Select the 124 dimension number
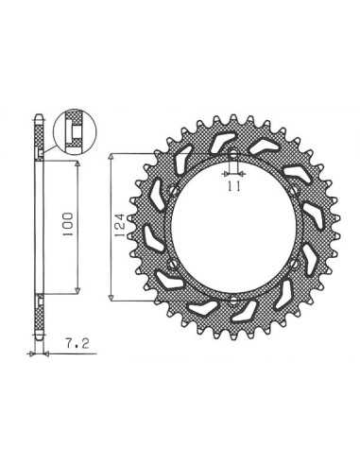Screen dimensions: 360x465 [122, 226]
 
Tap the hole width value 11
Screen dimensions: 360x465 [233, 186]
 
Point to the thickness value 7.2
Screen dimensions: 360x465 [77, 344]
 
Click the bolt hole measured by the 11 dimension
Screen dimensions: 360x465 [233, 154]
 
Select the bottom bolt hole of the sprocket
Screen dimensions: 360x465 [233, 300]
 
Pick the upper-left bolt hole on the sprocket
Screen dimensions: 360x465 [174, 191]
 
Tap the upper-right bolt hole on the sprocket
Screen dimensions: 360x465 [294, 191]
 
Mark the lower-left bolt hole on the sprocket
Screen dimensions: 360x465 [172, 264]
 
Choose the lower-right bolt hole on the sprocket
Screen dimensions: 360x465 [294, 264]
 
